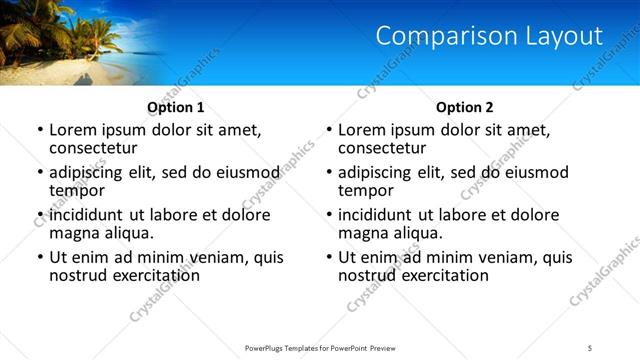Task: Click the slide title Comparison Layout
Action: pyautogui.click(x=489, y=36)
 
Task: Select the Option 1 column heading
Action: pyautogui.click(x=176, y=107)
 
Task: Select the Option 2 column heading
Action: pyautogui.click(x=464, y=107)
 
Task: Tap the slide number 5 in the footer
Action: pyautogui.click(x=590, y=347)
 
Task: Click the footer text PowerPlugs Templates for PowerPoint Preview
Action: pyautogui.click(x=319, y=347)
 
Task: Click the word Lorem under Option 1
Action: pyautogui.click(x=73, y=130)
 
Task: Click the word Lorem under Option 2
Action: pyautogui.click(x=362, y=130)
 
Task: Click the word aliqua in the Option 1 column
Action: pyautogui.click(x=127, y=233)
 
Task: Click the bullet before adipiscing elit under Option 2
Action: pyautogui.click(x=328, y=173)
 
